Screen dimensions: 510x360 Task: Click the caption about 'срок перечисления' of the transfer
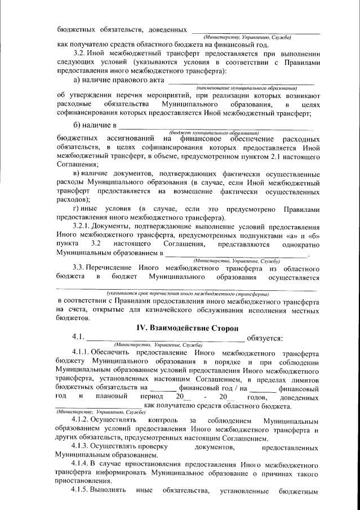[188, 294]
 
